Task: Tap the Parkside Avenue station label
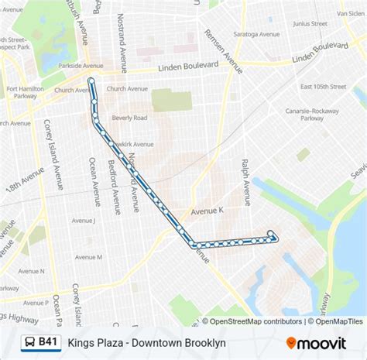(x=80, y=66)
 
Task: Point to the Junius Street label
(x=310, y=23)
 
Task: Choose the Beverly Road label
(x=129, y=118)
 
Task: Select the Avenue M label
(x=88, y=257)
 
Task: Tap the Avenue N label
(x=31, y=272)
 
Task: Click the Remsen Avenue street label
(x=222, y=51)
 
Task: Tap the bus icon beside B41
(x=27, y=342)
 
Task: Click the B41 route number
(x=48, y=342)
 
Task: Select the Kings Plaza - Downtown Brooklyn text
(x=146, y=342)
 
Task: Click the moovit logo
(x=321, y=342)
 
